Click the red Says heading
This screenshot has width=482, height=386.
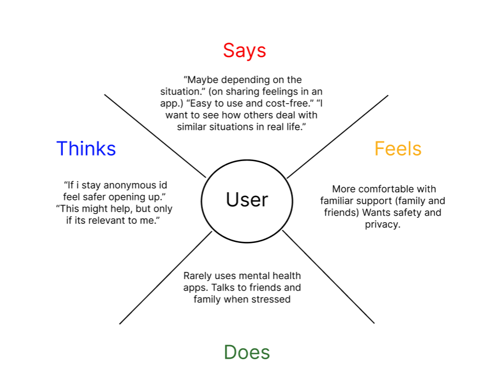coord(244,50)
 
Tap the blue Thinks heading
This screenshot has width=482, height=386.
coord(86,149)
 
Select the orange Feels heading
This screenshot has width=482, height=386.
coord(398,149)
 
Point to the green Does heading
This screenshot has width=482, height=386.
coord(247,352)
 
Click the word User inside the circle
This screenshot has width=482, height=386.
coord(247,200)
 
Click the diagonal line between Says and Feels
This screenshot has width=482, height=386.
coord(338,136)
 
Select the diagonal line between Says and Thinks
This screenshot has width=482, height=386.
coord(155,136)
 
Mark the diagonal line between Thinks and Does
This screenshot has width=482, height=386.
coord(165,277)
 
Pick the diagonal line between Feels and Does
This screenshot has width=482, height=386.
coord(328,277)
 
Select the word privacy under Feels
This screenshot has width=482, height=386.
coord(382,224)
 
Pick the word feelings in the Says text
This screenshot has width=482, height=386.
coord(285,91)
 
